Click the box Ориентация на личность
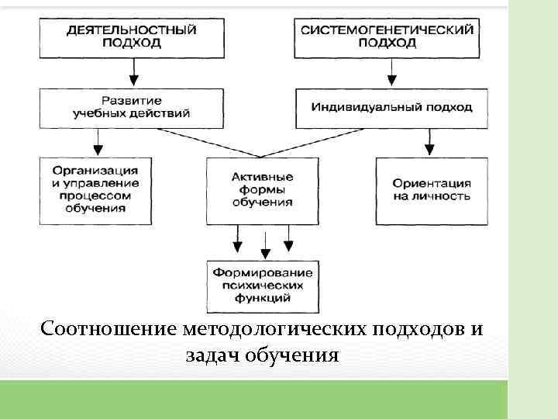(432, 191)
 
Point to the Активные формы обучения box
(262, 191)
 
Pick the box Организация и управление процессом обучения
(96, 191)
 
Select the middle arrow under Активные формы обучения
(265, 244)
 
